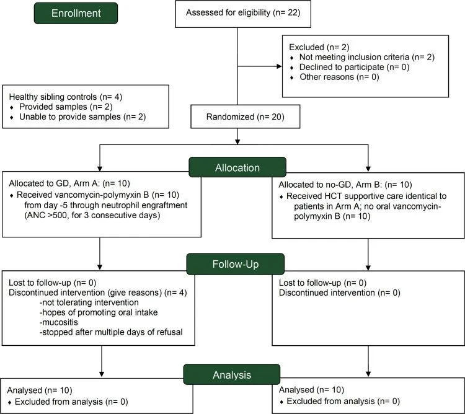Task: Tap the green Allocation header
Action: (x=237, y=167)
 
